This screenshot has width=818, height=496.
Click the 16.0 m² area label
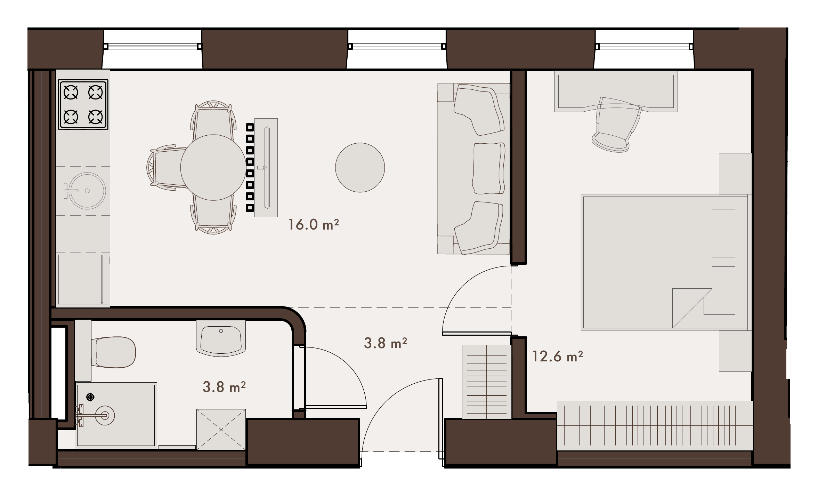(313, 224)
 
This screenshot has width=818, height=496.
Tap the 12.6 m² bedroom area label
(558, 357)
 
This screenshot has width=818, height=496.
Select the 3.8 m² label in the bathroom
(224, 387)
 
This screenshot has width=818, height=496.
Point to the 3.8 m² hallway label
(386, 343)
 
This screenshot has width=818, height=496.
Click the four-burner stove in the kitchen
(83, 104)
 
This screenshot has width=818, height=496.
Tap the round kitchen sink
(87, 191)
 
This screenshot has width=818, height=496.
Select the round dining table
(213, 167)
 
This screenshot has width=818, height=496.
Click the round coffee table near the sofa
(360, 167)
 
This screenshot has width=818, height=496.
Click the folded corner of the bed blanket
(687, 308)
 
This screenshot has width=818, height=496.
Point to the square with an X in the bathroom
(221, 430)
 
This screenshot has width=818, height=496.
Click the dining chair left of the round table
(166, 167)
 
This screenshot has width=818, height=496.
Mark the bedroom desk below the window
(616, 91)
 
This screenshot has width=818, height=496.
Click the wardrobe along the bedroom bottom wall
(655, 426)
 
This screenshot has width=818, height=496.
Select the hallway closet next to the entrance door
(487, 382)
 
